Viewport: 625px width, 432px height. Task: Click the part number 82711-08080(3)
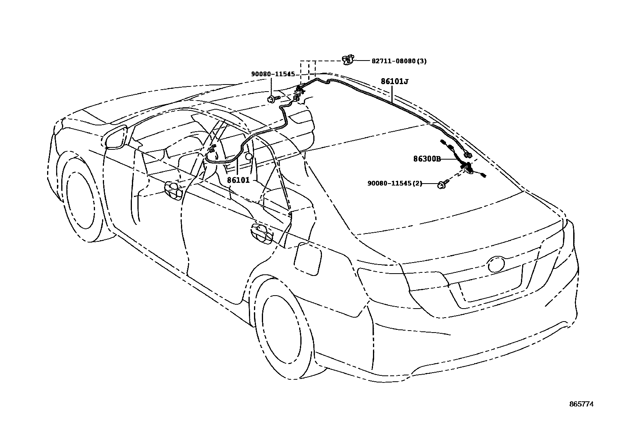[x=399, y=61]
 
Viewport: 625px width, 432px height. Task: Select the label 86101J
[x=394, y=81]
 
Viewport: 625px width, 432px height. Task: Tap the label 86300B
[x=427, y=159]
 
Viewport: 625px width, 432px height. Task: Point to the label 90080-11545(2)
[x=395, y=184]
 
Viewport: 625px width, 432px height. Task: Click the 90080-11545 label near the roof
[x=273, y=74]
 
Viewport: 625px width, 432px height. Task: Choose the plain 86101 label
[x=238, y=180]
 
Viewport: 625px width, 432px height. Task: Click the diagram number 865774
[x=582, y=404]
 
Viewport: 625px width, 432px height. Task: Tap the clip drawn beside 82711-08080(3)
[x=347, y=60]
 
